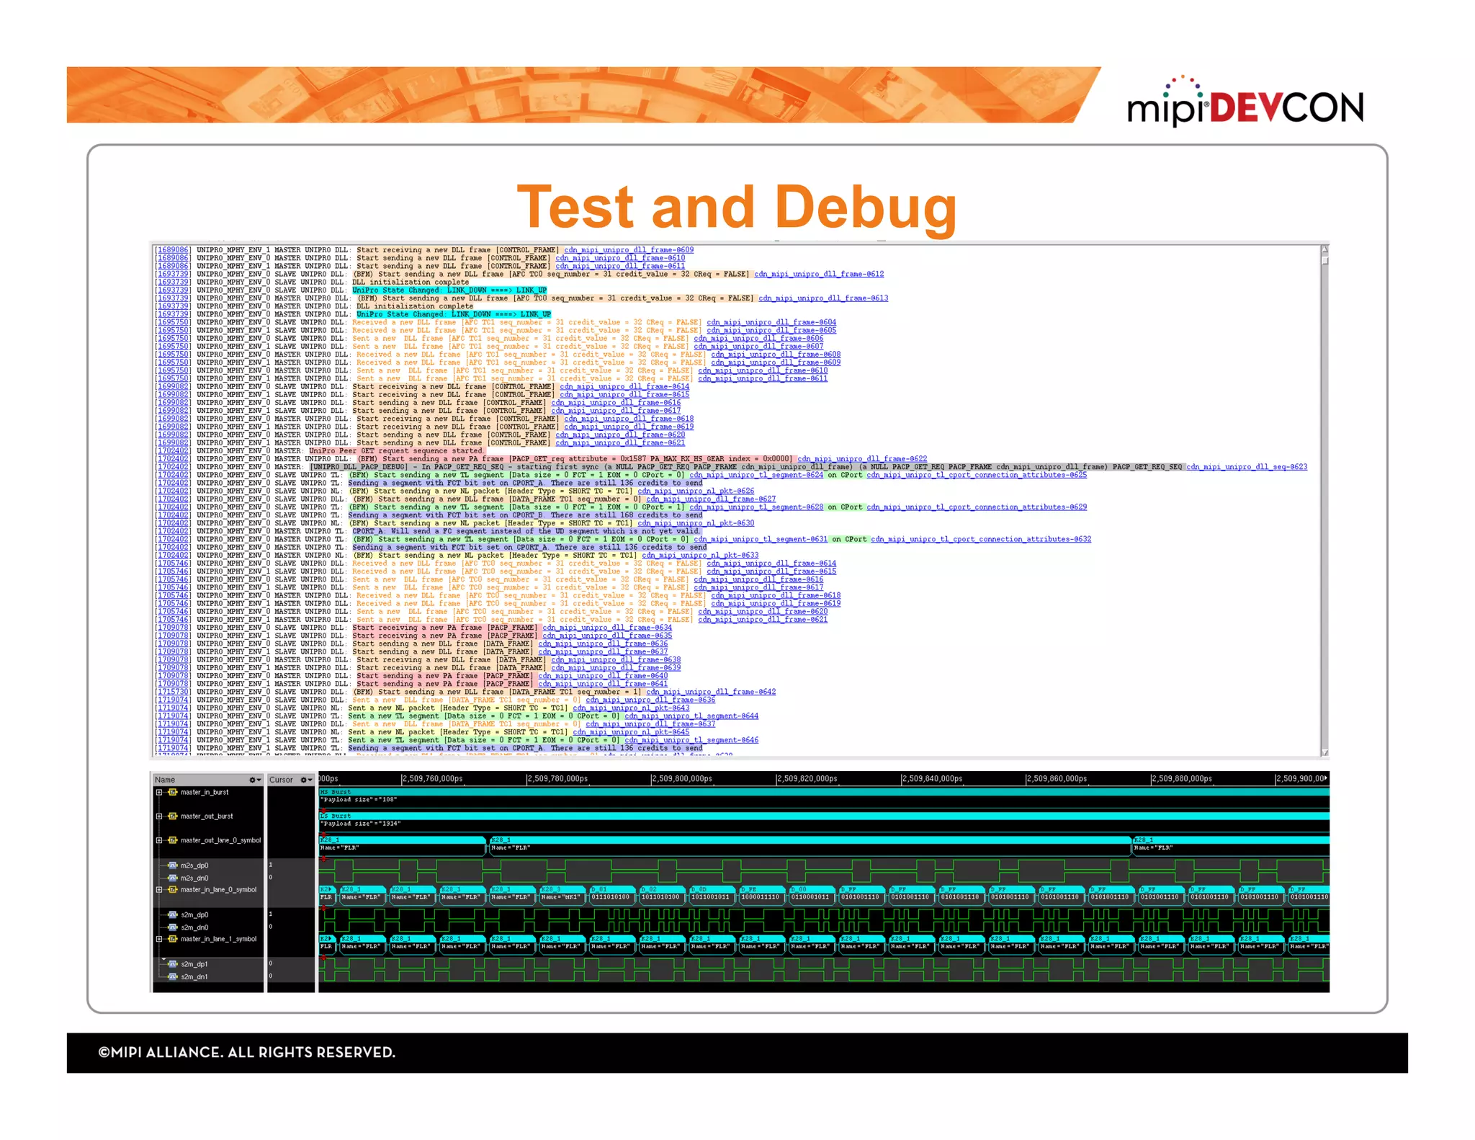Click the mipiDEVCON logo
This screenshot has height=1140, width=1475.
tap(1245, 107)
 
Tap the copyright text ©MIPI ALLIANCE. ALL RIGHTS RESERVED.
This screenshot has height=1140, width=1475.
tap(246, 1052)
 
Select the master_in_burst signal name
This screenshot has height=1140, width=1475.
tap(205, 792)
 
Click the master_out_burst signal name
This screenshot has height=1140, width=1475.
tap(207, 816)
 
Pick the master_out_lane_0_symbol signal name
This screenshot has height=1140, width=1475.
tap(220, 840)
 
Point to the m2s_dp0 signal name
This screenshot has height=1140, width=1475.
tap(194, 865)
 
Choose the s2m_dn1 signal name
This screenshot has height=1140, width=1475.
tap(194, 976)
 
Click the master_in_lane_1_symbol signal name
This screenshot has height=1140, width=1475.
tap(218, 939)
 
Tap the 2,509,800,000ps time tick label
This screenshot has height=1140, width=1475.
tap(682, 779)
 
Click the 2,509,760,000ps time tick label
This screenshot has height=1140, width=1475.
tap(432, 779)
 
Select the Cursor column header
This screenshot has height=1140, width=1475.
tap(281, 780)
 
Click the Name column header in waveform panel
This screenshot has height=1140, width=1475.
tap(165, 780)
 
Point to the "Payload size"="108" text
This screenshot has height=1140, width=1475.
tap(359, 800)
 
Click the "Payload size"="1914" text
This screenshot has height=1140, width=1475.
tap(361, 824)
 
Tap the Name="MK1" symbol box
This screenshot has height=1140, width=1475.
tap(561, 897)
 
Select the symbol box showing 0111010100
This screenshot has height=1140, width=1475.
tap(611, 897)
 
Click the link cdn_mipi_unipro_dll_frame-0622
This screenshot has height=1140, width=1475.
tap(862, 459)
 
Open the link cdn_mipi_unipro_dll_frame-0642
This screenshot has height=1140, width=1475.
tap(711, 692)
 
